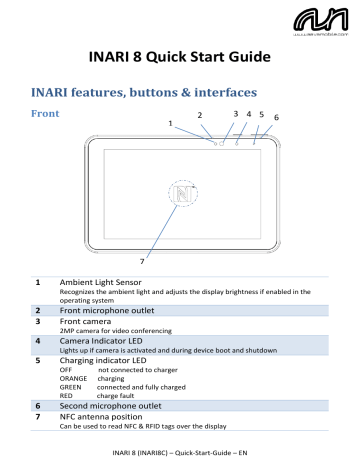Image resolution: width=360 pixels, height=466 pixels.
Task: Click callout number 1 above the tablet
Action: tap(171, 123)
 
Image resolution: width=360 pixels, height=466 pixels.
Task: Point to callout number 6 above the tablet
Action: tap(276, 118)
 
